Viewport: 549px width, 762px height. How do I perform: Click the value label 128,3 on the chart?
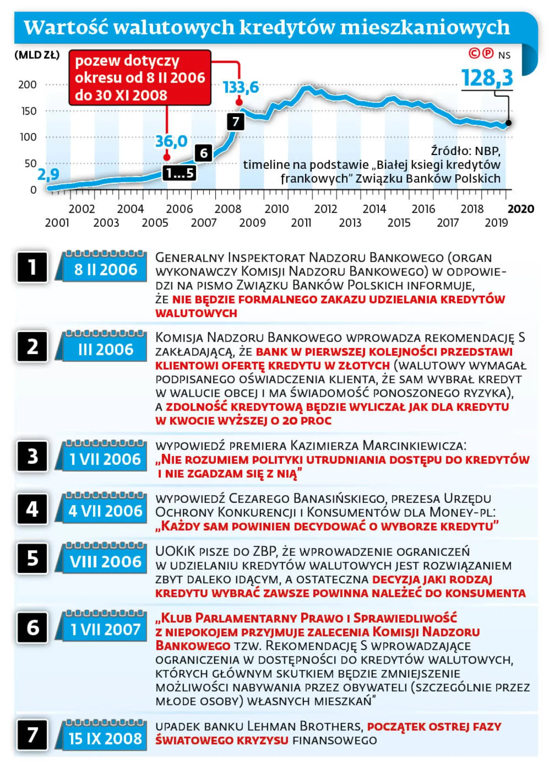pos(487,78)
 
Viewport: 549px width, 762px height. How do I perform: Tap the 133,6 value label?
pos(241,87)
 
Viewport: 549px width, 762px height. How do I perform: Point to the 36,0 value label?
pos(171,141)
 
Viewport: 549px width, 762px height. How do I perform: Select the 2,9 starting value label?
pos(48,174)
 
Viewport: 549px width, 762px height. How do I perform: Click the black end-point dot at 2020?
pos(509,123)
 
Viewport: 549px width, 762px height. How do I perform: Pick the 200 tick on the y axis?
pos(27,84)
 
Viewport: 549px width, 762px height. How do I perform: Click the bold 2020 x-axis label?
pos(520,208)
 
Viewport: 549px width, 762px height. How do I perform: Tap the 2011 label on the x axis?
pos(301,223)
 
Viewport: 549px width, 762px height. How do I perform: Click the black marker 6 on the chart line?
pos(204,153)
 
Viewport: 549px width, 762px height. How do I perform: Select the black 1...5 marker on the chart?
pos(179,173)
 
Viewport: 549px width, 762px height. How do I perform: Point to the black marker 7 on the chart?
pos(235,121)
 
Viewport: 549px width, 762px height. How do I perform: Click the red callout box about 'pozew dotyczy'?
pos(140,78)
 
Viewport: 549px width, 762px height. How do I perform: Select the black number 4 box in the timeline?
pos(32,509)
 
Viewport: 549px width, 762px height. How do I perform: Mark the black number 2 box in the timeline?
pos(32,346)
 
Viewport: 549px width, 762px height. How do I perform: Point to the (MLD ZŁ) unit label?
pos(37,55)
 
